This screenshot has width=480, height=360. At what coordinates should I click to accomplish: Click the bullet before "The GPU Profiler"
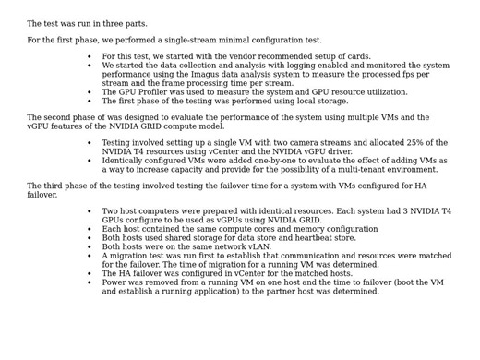pos(90,92)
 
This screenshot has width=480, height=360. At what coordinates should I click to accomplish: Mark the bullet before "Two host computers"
pos(90,211)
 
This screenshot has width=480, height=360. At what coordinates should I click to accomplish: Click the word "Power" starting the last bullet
pos(114,282)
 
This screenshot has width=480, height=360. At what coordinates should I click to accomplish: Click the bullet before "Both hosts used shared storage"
pos(90,238)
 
